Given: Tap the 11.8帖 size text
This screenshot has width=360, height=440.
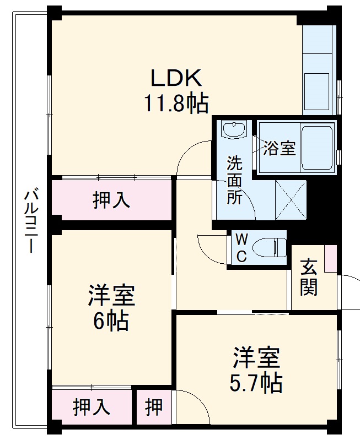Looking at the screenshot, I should [x=176, y=103].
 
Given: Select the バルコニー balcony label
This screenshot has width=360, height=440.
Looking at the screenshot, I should [x=31, y=220].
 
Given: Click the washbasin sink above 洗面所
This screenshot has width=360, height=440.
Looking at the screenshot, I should [x=233, y=130].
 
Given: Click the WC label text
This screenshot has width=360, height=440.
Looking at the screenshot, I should [x=242, y=247].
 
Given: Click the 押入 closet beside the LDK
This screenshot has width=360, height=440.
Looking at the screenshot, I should [x=111, y=200].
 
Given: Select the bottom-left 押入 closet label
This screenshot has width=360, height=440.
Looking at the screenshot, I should [x=92, y=407].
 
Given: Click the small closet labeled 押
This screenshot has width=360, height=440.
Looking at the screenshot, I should [x=154, y=407].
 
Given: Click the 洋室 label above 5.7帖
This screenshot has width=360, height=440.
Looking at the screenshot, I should [x=256, y=358].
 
